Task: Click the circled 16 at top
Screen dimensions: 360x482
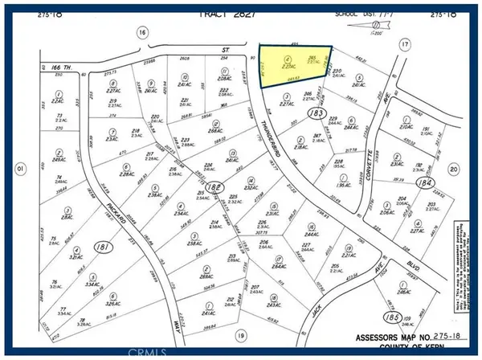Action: [142, 31]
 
